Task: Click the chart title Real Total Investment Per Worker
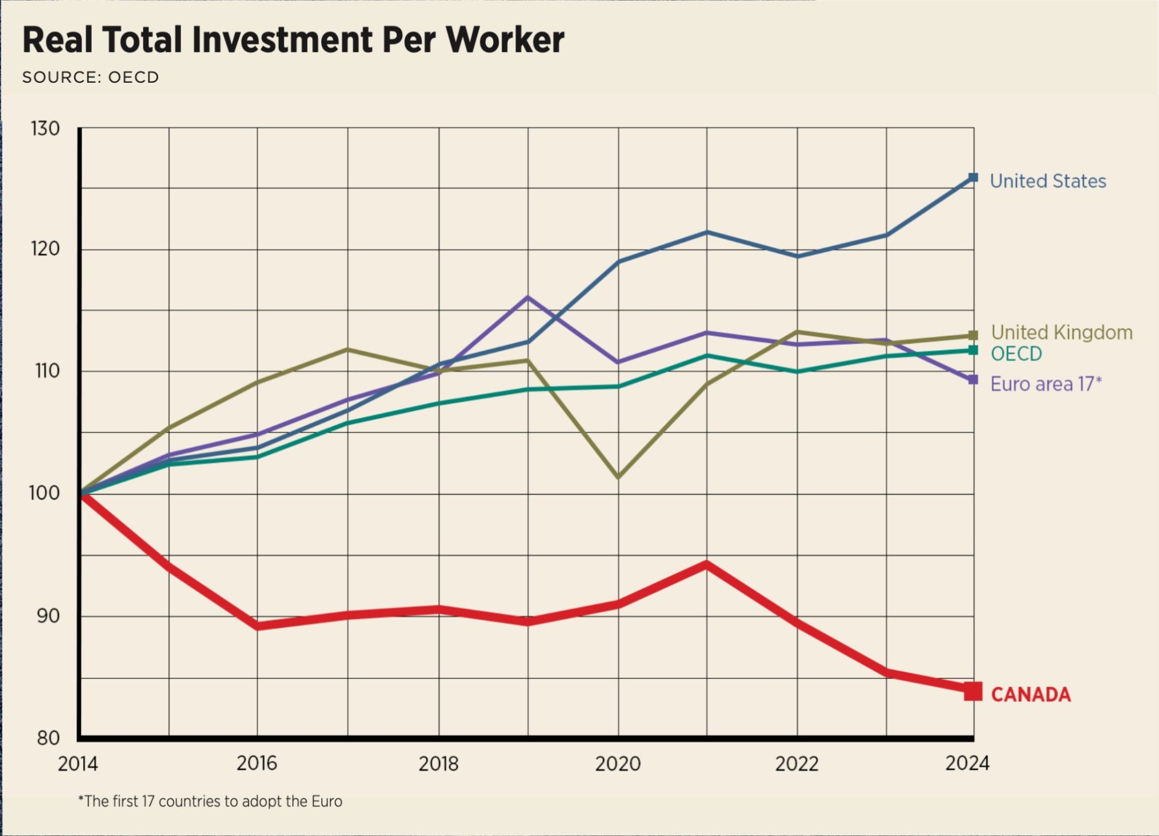coord(293,40)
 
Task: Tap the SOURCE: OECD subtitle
coord(91,77)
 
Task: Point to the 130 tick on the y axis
coord(46,129)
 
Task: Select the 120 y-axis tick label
coord(46,249)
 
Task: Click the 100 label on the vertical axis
coord(45,494)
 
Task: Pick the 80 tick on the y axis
coord(48,738)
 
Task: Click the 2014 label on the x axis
coord(78,764)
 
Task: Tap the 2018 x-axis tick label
coord(438,764)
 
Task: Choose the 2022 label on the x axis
coord(797,764)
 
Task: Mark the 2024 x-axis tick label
coord(967,764)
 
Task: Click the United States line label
coord(1048,181)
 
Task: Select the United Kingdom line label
coord(1062,332)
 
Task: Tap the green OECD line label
coord(1017,354)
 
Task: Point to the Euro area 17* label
coord(1046,384)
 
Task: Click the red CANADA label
coord(1031,695)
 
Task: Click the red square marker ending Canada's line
coord(973,692)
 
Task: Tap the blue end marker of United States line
coord(973,178)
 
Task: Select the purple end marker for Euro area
coord(973,380)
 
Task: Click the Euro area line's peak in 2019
coord(528,297)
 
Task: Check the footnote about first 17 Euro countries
coord(210,802)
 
